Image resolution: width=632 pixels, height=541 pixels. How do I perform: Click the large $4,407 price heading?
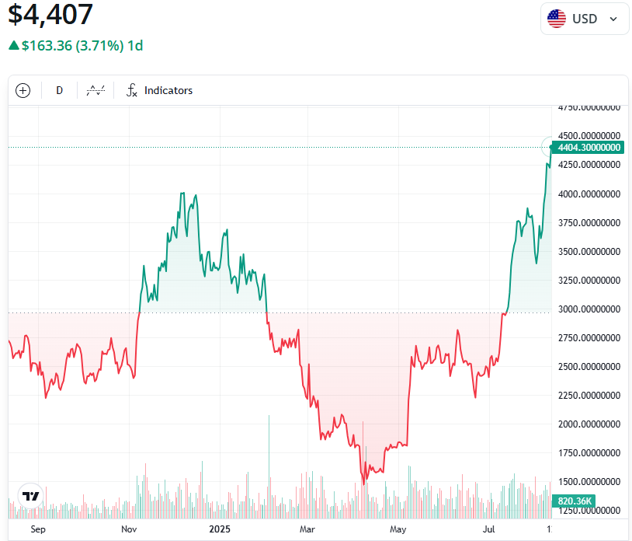coord(50,15)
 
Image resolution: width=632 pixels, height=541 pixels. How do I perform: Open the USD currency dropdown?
coord(585,19)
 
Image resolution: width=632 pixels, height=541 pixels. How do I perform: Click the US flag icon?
coord(557,19)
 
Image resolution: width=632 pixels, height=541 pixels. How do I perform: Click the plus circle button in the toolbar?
coord(23,91)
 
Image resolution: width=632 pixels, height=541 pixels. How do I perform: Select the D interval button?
coord(59,91)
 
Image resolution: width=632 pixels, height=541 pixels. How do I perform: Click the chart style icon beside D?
coord(95,91)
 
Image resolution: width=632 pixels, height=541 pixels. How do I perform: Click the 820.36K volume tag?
coord(575,501)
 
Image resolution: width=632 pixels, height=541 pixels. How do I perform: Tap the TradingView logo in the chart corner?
coord(30,496)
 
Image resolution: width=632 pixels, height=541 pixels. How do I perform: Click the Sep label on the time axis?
coord(38,529)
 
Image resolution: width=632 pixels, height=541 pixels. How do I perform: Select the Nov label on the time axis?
coord(130,529)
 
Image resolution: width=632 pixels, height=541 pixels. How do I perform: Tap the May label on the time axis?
coord(398,529)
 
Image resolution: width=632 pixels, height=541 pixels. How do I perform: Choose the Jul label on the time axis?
coord(489,529)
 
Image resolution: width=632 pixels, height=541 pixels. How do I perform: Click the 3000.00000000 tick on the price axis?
coord(589,309)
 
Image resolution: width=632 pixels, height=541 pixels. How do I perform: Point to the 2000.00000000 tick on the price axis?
coord(589,424)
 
